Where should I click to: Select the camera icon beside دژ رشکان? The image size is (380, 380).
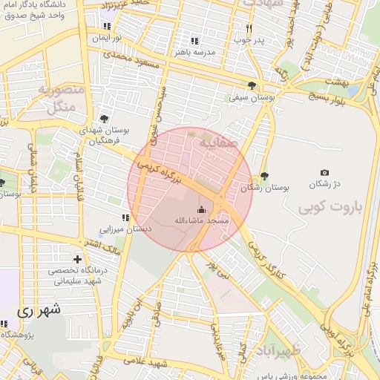(324, 172)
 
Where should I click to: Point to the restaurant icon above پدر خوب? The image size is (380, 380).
(249, 29)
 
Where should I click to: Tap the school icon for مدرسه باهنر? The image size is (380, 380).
(194, 41)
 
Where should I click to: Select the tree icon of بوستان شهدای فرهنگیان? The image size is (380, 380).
(103, 118)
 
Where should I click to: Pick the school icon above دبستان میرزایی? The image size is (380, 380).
(125, 217)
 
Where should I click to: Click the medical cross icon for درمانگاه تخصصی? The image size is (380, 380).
(77, 258)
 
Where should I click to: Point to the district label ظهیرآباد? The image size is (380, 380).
(275, 350)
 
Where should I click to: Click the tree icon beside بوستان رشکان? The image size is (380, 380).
(265, 176)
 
